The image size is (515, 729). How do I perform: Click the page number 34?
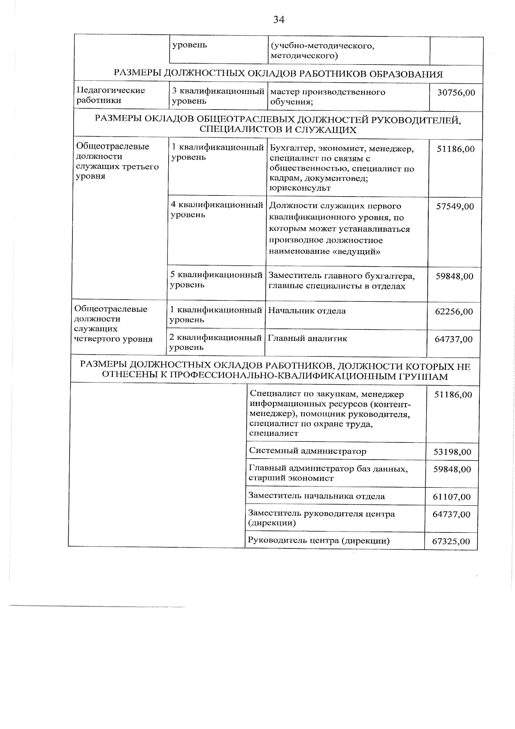tap(279, 19)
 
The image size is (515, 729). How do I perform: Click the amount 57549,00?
tap(455, 207)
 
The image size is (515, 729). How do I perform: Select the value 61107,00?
tap(451, 497)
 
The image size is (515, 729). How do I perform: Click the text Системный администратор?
tap(307, 451)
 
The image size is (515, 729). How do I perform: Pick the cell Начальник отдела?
tap(306, 311)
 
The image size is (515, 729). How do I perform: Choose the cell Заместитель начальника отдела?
tap(316, 496)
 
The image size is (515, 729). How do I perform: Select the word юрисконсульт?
tap(300, 188)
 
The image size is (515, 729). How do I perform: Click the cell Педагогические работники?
tap(111, 95)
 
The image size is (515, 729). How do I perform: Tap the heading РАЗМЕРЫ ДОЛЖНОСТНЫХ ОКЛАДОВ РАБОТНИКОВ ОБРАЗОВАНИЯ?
tap(278, 74)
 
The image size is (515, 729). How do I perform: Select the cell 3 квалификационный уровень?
tap(218, 96)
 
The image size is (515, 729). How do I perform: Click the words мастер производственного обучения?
tap(328, 97)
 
